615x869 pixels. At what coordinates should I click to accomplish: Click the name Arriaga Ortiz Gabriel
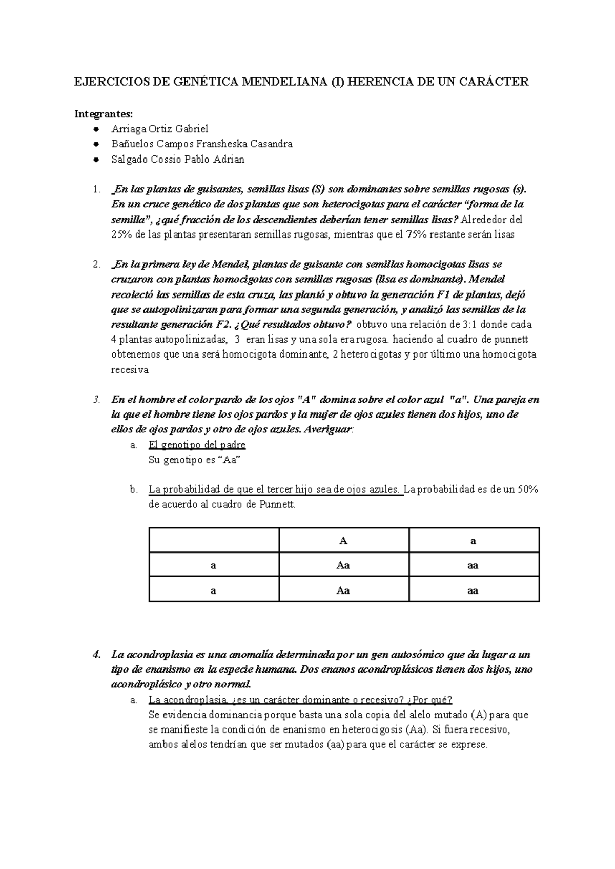click(160, 129)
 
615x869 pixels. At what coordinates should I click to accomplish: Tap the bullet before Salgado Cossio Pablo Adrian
click(96, 160)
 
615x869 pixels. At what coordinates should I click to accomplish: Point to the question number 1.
click(97, 189)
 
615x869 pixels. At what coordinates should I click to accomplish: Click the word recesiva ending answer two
click(130, 370)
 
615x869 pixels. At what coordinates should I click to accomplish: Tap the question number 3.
click(97, 400)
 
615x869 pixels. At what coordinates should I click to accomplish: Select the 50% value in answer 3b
click(527, 490)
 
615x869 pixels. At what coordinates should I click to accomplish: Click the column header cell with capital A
click(343, 541)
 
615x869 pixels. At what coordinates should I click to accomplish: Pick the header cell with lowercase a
click(474, 541)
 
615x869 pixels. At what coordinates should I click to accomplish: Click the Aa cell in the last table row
click(343, 590)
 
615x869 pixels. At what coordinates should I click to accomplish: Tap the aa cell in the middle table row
click(474, 565)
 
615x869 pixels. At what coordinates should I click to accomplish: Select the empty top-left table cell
click(214, 541)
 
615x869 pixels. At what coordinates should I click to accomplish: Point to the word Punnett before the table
click(277, 505)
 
